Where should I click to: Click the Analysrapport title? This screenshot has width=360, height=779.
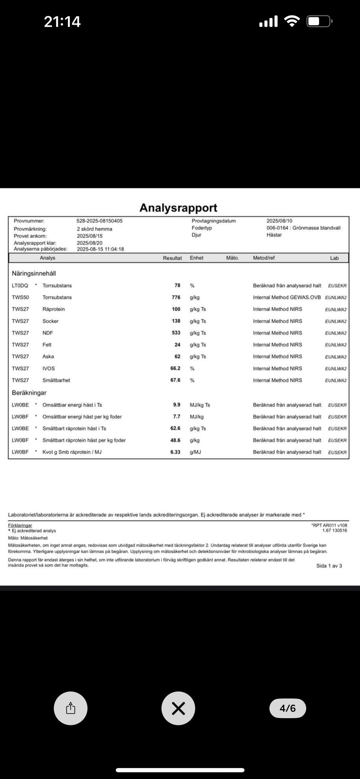pyautogui.click(x=178, y=208)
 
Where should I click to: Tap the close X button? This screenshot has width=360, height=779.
pyautogui.click(x=178, y=708)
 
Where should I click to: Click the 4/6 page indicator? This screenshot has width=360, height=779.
pyautogui.click(x=288, y=708)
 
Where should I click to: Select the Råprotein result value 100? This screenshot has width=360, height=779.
pyautogui.click(x=176, y=309)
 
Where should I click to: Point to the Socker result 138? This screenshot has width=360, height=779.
pyautogui.click(x=176, y=321)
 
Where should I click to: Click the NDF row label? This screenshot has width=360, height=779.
pyautogui.click(x=48, y=333)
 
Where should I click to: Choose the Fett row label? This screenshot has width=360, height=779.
pyautogui.click(x=47, y=345)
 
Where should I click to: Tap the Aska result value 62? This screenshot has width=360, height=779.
pyautogui.click(x=177, y=356)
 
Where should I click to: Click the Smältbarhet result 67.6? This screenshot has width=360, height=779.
pyautogui.click(x=175, y=380)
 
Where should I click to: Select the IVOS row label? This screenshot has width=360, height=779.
pyautogui.click(x=48, y=368)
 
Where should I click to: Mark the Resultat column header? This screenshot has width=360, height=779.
pyautogui.click(x=172, y=258)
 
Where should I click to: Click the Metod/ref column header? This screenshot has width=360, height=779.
pyautogui.click(x=264, y=258)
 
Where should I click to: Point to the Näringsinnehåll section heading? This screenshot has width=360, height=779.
pyautogui.click(x=34, y=273)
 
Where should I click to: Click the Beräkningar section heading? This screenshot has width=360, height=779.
pyautogui.click(x=29, y=393)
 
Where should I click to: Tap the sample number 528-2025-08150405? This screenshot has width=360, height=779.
pyautogui.click(x=99, y=221)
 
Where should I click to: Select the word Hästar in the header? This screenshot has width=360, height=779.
pyautogui.click(x=274, y=235)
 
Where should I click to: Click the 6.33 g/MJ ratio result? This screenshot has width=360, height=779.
pyautogui.click(x=175, y=452)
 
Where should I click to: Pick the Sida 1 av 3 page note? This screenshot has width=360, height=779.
pyautogui.click(x=329, y=566)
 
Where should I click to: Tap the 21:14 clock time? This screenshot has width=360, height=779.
pyautogui.click(x=62, y=21)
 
